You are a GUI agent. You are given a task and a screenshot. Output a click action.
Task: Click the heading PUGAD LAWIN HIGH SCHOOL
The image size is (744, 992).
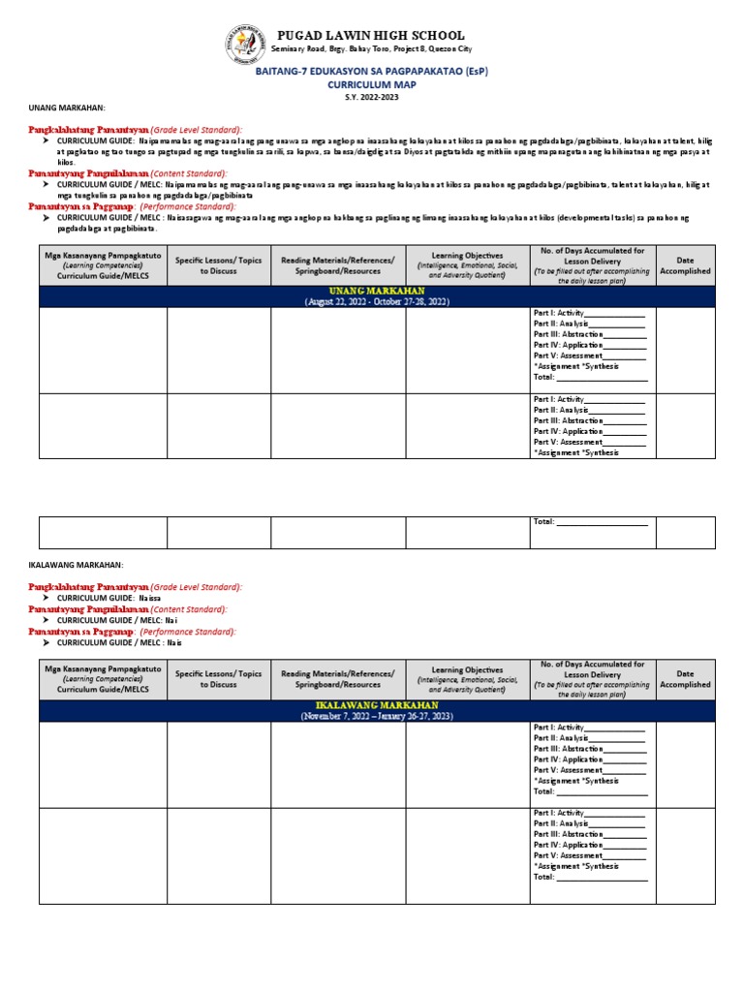pos(371,36)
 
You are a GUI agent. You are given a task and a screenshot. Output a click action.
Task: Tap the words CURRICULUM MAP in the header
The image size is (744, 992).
pos(371,84)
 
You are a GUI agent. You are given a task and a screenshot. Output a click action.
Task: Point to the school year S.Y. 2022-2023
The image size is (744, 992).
pos(371,97)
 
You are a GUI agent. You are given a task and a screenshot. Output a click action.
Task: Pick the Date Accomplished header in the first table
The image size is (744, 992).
pos(685,265)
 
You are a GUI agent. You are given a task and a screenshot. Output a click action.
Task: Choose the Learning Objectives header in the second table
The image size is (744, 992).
pos(467,678)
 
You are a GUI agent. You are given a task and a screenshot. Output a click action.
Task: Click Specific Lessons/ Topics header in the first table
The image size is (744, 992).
pos(218,265)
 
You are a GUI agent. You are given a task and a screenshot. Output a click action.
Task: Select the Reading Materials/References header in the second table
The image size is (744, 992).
pos(337,678)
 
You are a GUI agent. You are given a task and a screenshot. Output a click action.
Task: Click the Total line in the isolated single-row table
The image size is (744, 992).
pos(590,522)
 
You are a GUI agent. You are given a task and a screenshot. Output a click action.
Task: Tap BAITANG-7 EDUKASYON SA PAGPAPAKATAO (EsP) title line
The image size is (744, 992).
pos(371,71)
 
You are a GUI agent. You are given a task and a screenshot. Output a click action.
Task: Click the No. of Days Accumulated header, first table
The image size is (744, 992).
pos(592,265)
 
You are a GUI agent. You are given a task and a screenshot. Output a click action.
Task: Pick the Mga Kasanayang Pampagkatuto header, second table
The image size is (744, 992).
pos(103,678)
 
